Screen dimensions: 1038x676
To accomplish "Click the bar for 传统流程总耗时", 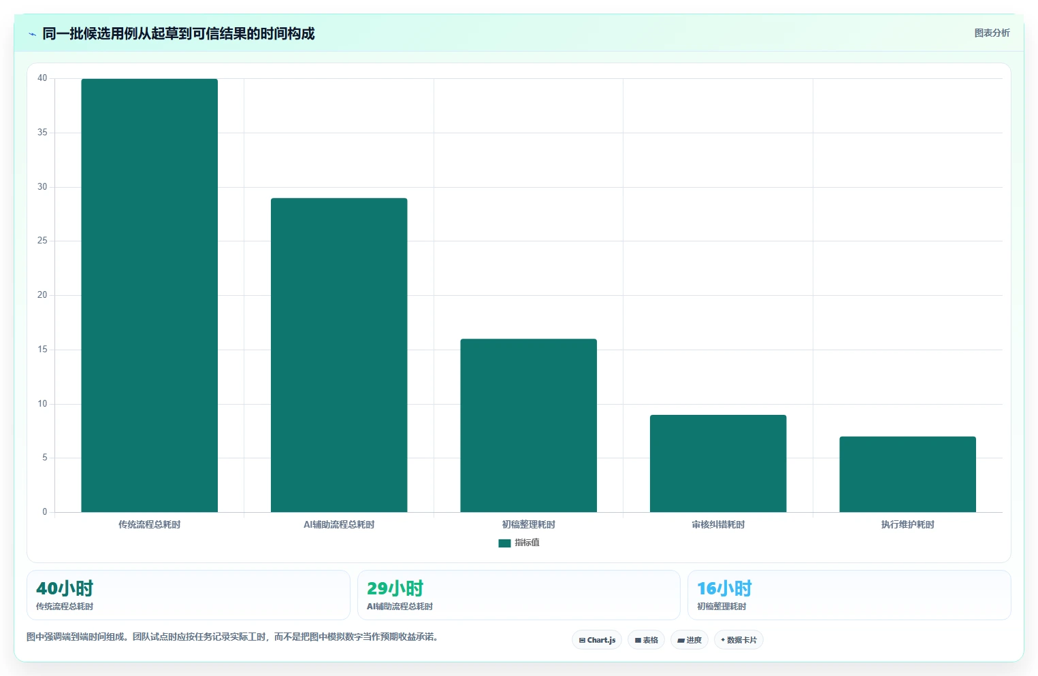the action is pos(149,295).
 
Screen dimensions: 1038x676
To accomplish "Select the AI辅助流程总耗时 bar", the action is pos(339,355).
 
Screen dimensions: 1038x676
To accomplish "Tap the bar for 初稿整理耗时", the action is pos(528,426).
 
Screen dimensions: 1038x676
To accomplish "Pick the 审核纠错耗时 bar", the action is pos(718,464).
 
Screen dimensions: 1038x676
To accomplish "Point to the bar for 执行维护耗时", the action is pos(907,474).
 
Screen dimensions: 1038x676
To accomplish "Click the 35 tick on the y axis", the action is pos(42,133).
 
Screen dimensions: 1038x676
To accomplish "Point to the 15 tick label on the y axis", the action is pos(42,349).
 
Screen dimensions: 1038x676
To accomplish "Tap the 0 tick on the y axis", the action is pos(44,511).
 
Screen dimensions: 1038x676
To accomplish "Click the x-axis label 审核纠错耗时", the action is pos(718,524).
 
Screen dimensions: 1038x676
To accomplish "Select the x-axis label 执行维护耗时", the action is pos(907,524).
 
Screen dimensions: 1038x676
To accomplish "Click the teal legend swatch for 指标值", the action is pos(504,543).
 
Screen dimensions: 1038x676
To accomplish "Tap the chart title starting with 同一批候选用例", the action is pos(178,34).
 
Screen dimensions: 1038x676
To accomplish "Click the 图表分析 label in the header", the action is pos(992,33).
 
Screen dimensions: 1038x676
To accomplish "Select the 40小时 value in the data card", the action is pos(65,588).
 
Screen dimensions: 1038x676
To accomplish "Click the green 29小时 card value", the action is pos(395,588).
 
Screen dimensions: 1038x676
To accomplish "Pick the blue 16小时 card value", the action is pos(724,588).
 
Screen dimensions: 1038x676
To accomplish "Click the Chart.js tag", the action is pos(597,640).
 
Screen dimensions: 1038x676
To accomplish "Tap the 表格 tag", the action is pos(646,640).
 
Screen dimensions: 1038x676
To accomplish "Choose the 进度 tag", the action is pos(689,640).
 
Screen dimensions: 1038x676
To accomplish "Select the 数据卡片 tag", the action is pos(739,640).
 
